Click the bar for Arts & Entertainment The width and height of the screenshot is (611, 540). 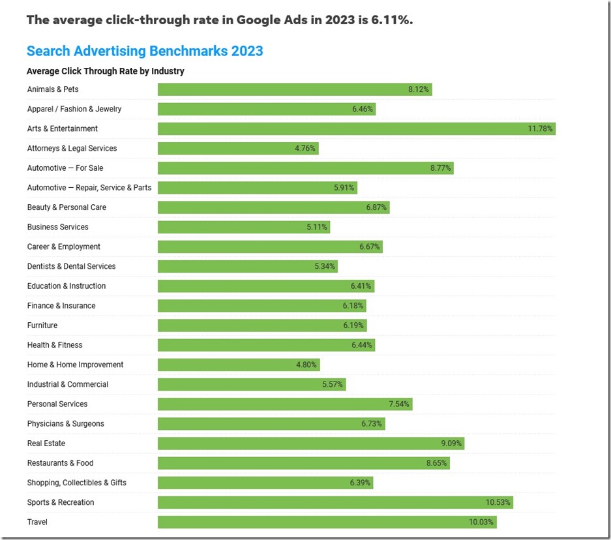[356, 128]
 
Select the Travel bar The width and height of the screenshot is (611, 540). [327, 522]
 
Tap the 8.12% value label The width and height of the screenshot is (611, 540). [419, 89]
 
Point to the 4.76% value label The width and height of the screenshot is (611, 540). [305, 149]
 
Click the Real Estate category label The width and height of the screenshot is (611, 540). [46, 443]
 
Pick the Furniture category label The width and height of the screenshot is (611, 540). [42, 325]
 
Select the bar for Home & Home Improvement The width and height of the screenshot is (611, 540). [239, 365]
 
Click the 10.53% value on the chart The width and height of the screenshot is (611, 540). [499, 503]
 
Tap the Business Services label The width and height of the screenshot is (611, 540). [58, 227]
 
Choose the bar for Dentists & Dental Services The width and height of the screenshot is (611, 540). [248, 266]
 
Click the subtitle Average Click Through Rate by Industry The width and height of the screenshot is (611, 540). [106, 71]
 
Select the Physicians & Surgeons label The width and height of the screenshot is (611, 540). [66, 424]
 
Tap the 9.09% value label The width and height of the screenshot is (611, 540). [451, 443]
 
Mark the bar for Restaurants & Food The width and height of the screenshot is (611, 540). [303, 463]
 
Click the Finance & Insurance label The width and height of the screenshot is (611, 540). [61, 306]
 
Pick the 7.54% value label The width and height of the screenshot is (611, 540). [399, 404]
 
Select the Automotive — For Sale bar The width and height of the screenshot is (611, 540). [305, 168]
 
